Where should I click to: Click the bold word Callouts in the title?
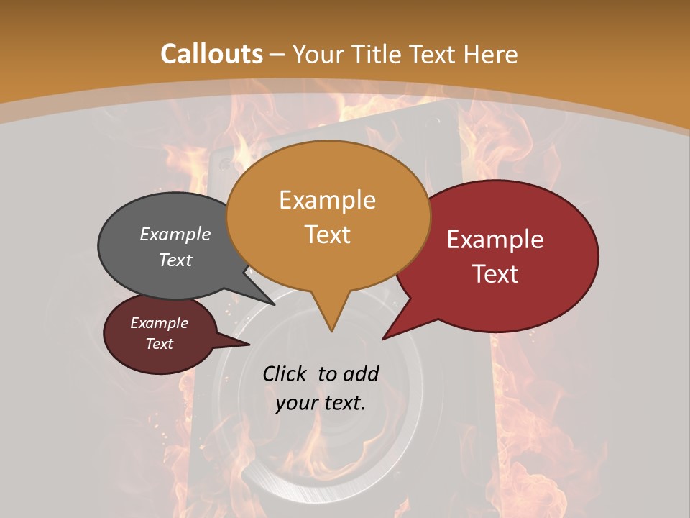(211, 54)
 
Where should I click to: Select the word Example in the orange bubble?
(327, 200)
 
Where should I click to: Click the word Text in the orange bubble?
(327, 234)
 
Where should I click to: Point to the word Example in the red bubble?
(495, 240)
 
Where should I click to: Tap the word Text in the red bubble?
(495, 273)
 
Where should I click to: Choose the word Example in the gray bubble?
(175, 234)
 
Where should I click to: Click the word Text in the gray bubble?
(175, 260)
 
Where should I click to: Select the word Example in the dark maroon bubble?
(159, 323)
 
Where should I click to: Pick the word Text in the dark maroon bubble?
(159, 344)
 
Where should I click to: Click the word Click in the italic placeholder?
(285, 373)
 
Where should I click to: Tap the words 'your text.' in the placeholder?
(320, 403)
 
